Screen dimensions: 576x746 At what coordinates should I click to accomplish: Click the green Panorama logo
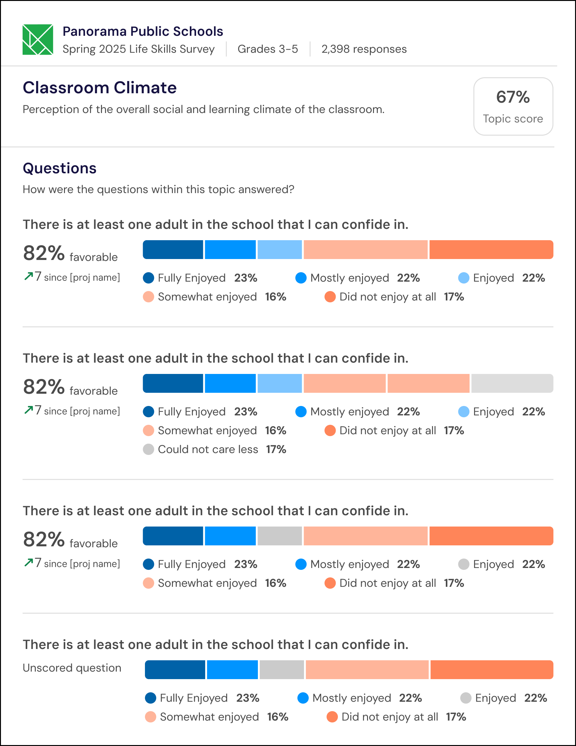click(x=38, y=40)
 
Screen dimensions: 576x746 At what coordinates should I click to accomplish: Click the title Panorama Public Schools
click(x=143, y=31)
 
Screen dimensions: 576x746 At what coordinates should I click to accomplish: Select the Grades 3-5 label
click(x=268, y=49)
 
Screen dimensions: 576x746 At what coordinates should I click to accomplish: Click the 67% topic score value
click(x=513, y=97)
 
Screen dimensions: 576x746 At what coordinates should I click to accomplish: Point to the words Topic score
click(x=513, y=119)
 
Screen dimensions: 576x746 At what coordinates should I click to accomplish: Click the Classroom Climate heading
click(x=100, y=88)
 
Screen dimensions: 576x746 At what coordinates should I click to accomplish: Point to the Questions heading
click(x=60, y=168)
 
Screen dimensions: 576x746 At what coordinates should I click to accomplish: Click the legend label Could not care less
click(x=208, y=449)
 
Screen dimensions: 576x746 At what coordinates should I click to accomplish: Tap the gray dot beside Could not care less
click(x=148, y=449)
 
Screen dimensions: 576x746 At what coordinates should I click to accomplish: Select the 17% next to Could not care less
click(x=276, y=449)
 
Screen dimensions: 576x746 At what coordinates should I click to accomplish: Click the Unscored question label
click(x=72, y=668)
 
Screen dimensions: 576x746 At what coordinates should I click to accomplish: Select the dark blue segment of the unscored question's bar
click(x=175, y=669)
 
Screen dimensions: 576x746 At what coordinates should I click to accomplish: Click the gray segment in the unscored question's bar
click(x=282, y=669)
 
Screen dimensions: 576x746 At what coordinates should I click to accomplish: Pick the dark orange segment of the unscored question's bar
click(x=492, y=669)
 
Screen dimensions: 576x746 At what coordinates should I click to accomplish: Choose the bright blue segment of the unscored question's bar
click(x=232, y=669)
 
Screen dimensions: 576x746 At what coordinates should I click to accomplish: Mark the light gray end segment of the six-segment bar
click(x=512, y=383)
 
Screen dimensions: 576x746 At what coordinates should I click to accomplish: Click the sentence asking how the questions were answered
click(x=158, y=190)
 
